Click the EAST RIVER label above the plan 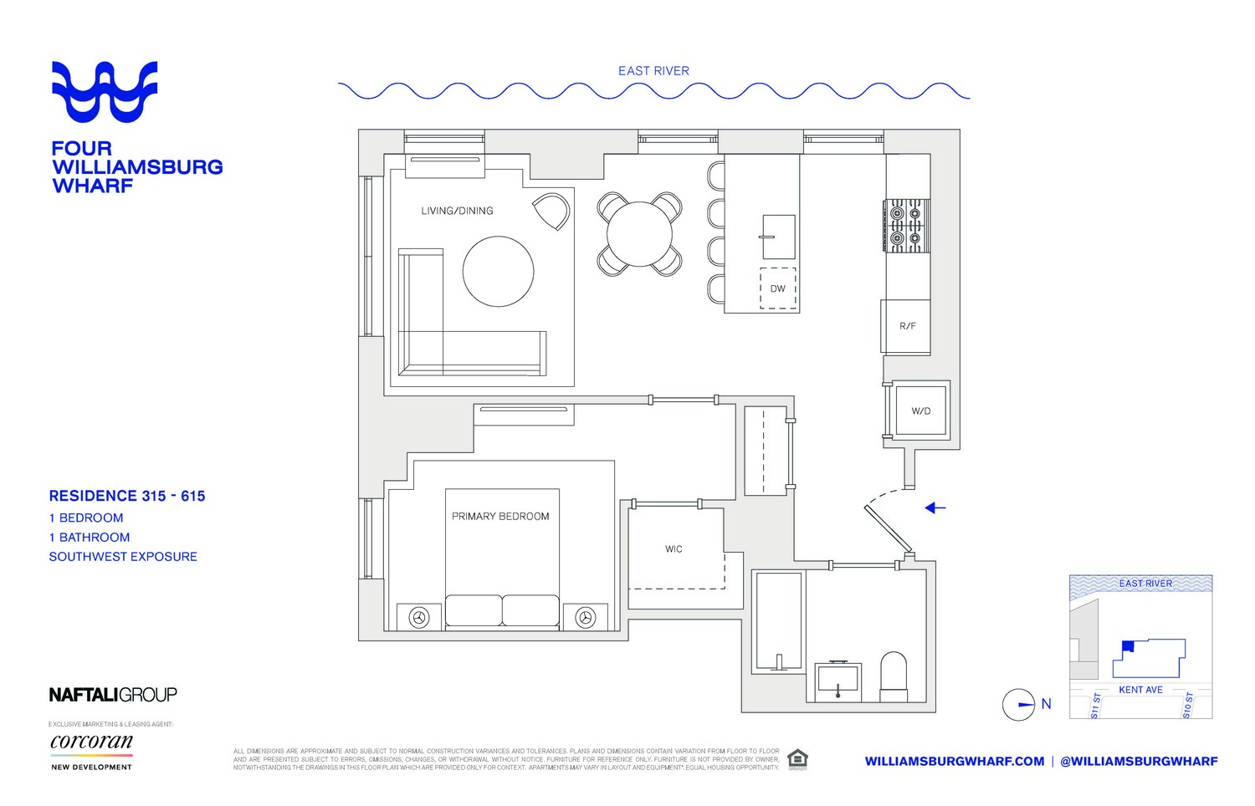(653, 71)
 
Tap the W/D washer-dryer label (920, 411)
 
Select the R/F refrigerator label (907, 326)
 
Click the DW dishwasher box (778, 288)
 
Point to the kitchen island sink (778, 237)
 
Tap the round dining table (639, 234)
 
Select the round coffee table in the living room (498, 272)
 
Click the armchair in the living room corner (551, 211)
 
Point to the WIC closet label (674, 549)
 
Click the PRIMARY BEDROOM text (500, 517)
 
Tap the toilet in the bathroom (894, 676)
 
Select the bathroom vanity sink (838, 679)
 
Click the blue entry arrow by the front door (935, 508)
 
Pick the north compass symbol (1019, 705)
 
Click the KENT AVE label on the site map (1140, 690)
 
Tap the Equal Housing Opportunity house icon (797, 759)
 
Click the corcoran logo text (91, 742)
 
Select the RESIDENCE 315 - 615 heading (127, 496)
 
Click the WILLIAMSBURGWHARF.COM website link (954, 761)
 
